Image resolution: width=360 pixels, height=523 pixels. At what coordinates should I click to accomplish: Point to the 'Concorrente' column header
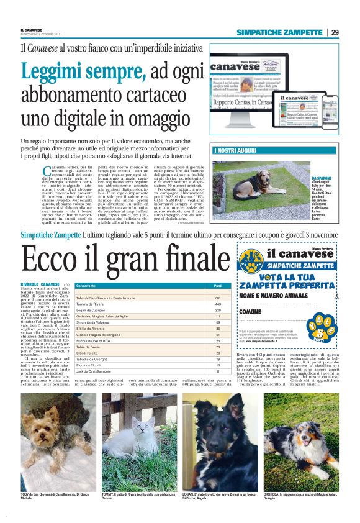86,285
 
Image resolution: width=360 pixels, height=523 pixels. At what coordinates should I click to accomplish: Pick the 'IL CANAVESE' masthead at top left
32,30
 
